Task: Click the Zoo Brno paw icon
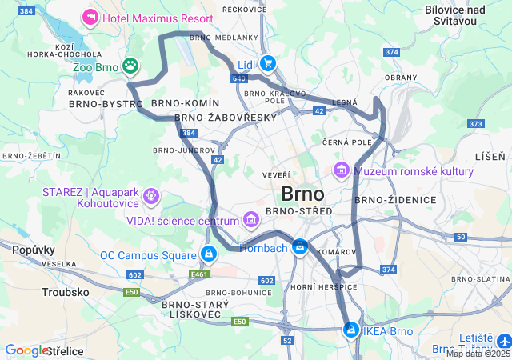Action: (x=130, y=66)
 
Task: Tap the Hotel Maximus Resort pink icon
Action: (x=90, y=17)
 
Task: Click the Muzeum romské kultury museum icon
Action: (x=342, y=170)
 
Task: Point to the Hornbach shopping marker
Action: (x=300, y=248)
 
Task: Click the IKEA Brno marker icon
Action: (x=351, y=330)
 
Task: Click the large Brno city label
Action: (x=302, y=194)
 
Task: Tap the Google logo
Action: (x=26, y=350)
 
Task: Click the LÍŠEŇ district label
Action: (x=490, y=155)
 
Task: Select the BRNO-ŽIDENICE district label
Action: (x=395, y=199)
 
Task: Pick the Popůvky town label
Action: (x=33, y=250)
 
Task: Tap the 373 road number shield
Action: (x=476, y=124)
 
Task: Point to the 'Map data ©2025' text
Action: (x=478, y=354)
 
